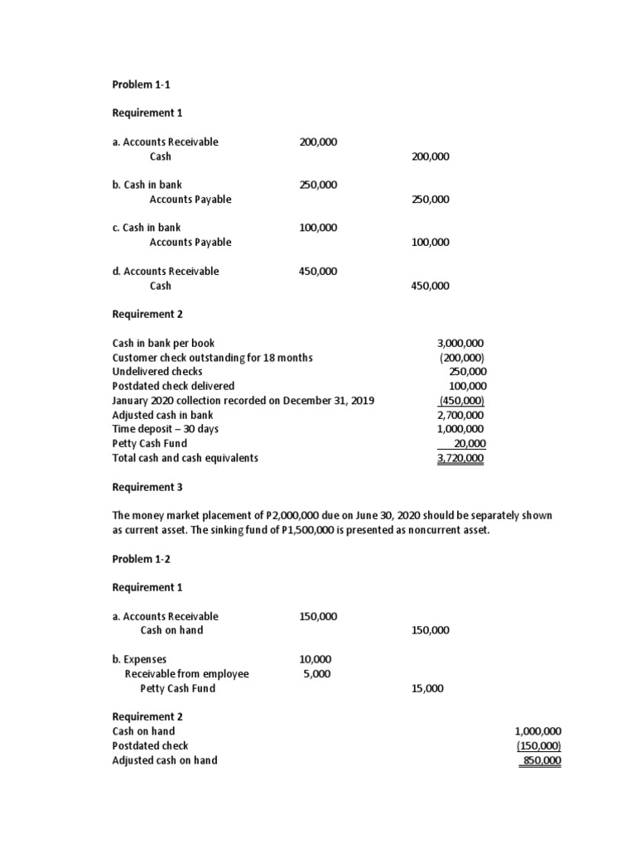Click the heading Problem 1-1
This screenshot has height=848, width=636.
[141, 84]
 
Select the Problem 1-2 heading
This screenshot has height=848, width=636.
[141, 559]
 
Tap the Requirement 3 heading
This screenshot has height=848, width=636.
[147, 488]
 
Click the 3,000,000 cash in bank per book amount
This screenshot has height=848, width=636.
[460, 343]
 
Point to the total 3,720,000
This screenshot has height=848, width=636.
[460, 458]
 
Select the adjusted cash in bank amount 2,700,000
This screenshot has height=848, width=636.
[460, 415]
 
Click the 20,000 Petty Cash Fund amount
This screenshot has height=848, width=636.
[470, 444]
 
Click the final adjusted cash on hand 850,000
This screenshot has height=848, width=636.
[539, 760]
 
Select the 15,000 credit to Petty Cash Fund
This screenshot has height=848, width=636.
[427, 688]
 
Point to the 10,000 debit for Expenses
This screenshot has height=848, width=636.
[315, 659]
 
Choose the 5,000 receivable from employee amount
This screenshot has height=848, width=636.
[317, 674]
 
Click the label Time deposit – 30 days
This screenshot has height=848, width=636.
[166, 429]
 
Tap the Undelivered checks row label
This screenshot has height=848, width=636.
[157, 372]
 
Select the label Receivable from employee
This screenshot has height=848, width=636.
[186, 674]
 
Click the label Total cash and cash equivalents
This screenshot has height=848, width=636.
[185, 458]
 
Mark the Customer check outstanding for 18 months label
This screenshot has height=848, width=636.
[212, 358]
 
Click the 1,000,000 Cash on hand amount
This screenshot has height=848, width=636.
[537, 731]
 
